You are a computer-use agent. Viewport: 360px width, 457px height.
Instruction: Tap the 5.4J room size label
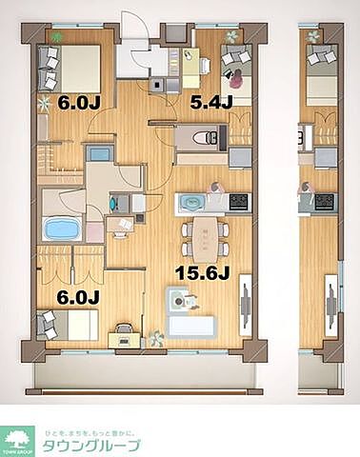pos(210,101)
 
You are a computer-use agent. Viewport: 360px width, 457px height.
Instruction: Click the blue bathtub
pos(62,228)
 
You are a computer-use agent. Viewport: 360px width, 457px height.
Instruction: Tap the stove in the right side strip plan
pos(326,201)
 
